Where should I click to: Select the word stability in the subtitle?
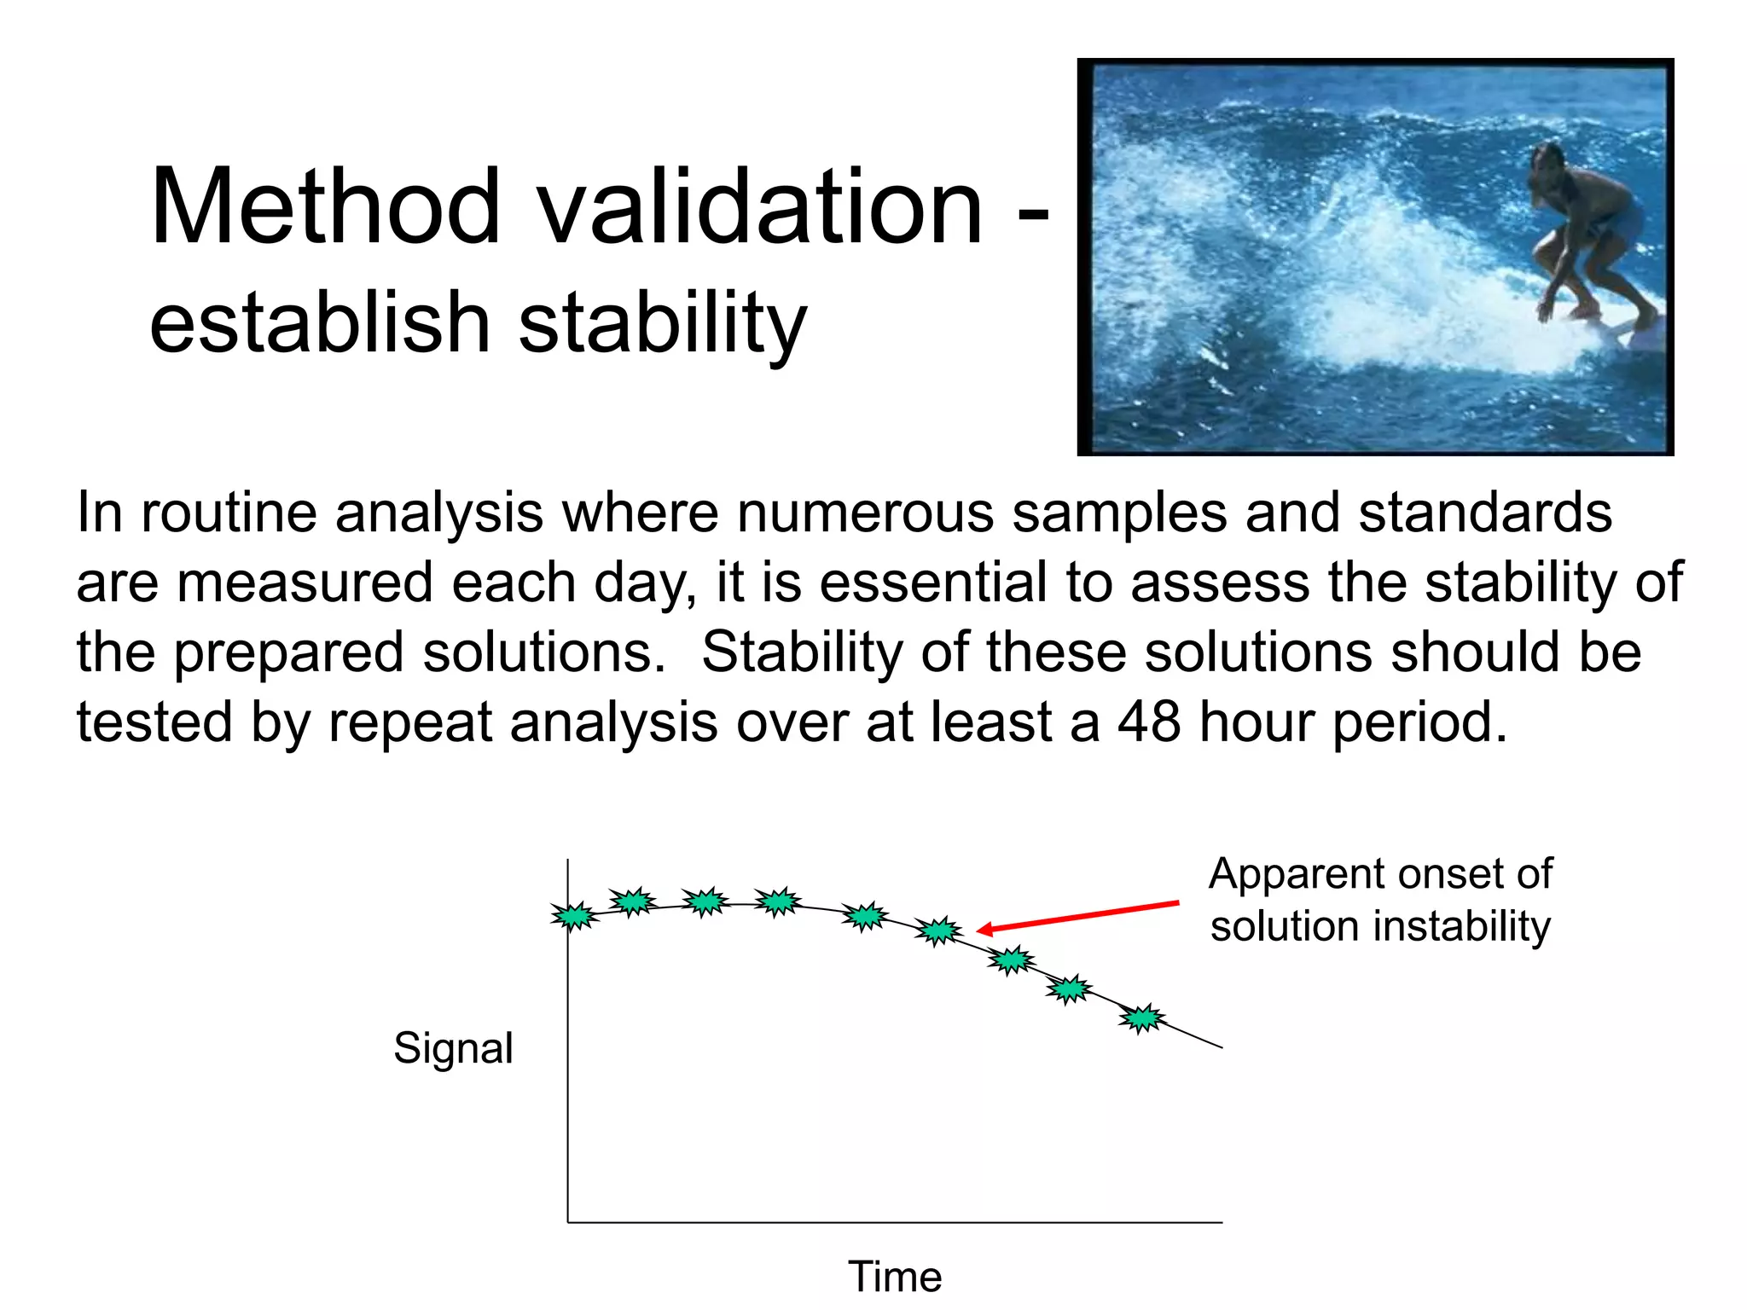663,324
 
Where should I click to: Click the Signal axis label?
453,1047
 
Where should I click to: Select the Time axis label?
895,1277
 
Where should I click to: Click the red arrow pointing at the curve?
1078,916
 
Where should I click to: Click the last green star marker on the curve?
1141,1018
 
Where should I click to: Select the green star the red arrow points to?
939,930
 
